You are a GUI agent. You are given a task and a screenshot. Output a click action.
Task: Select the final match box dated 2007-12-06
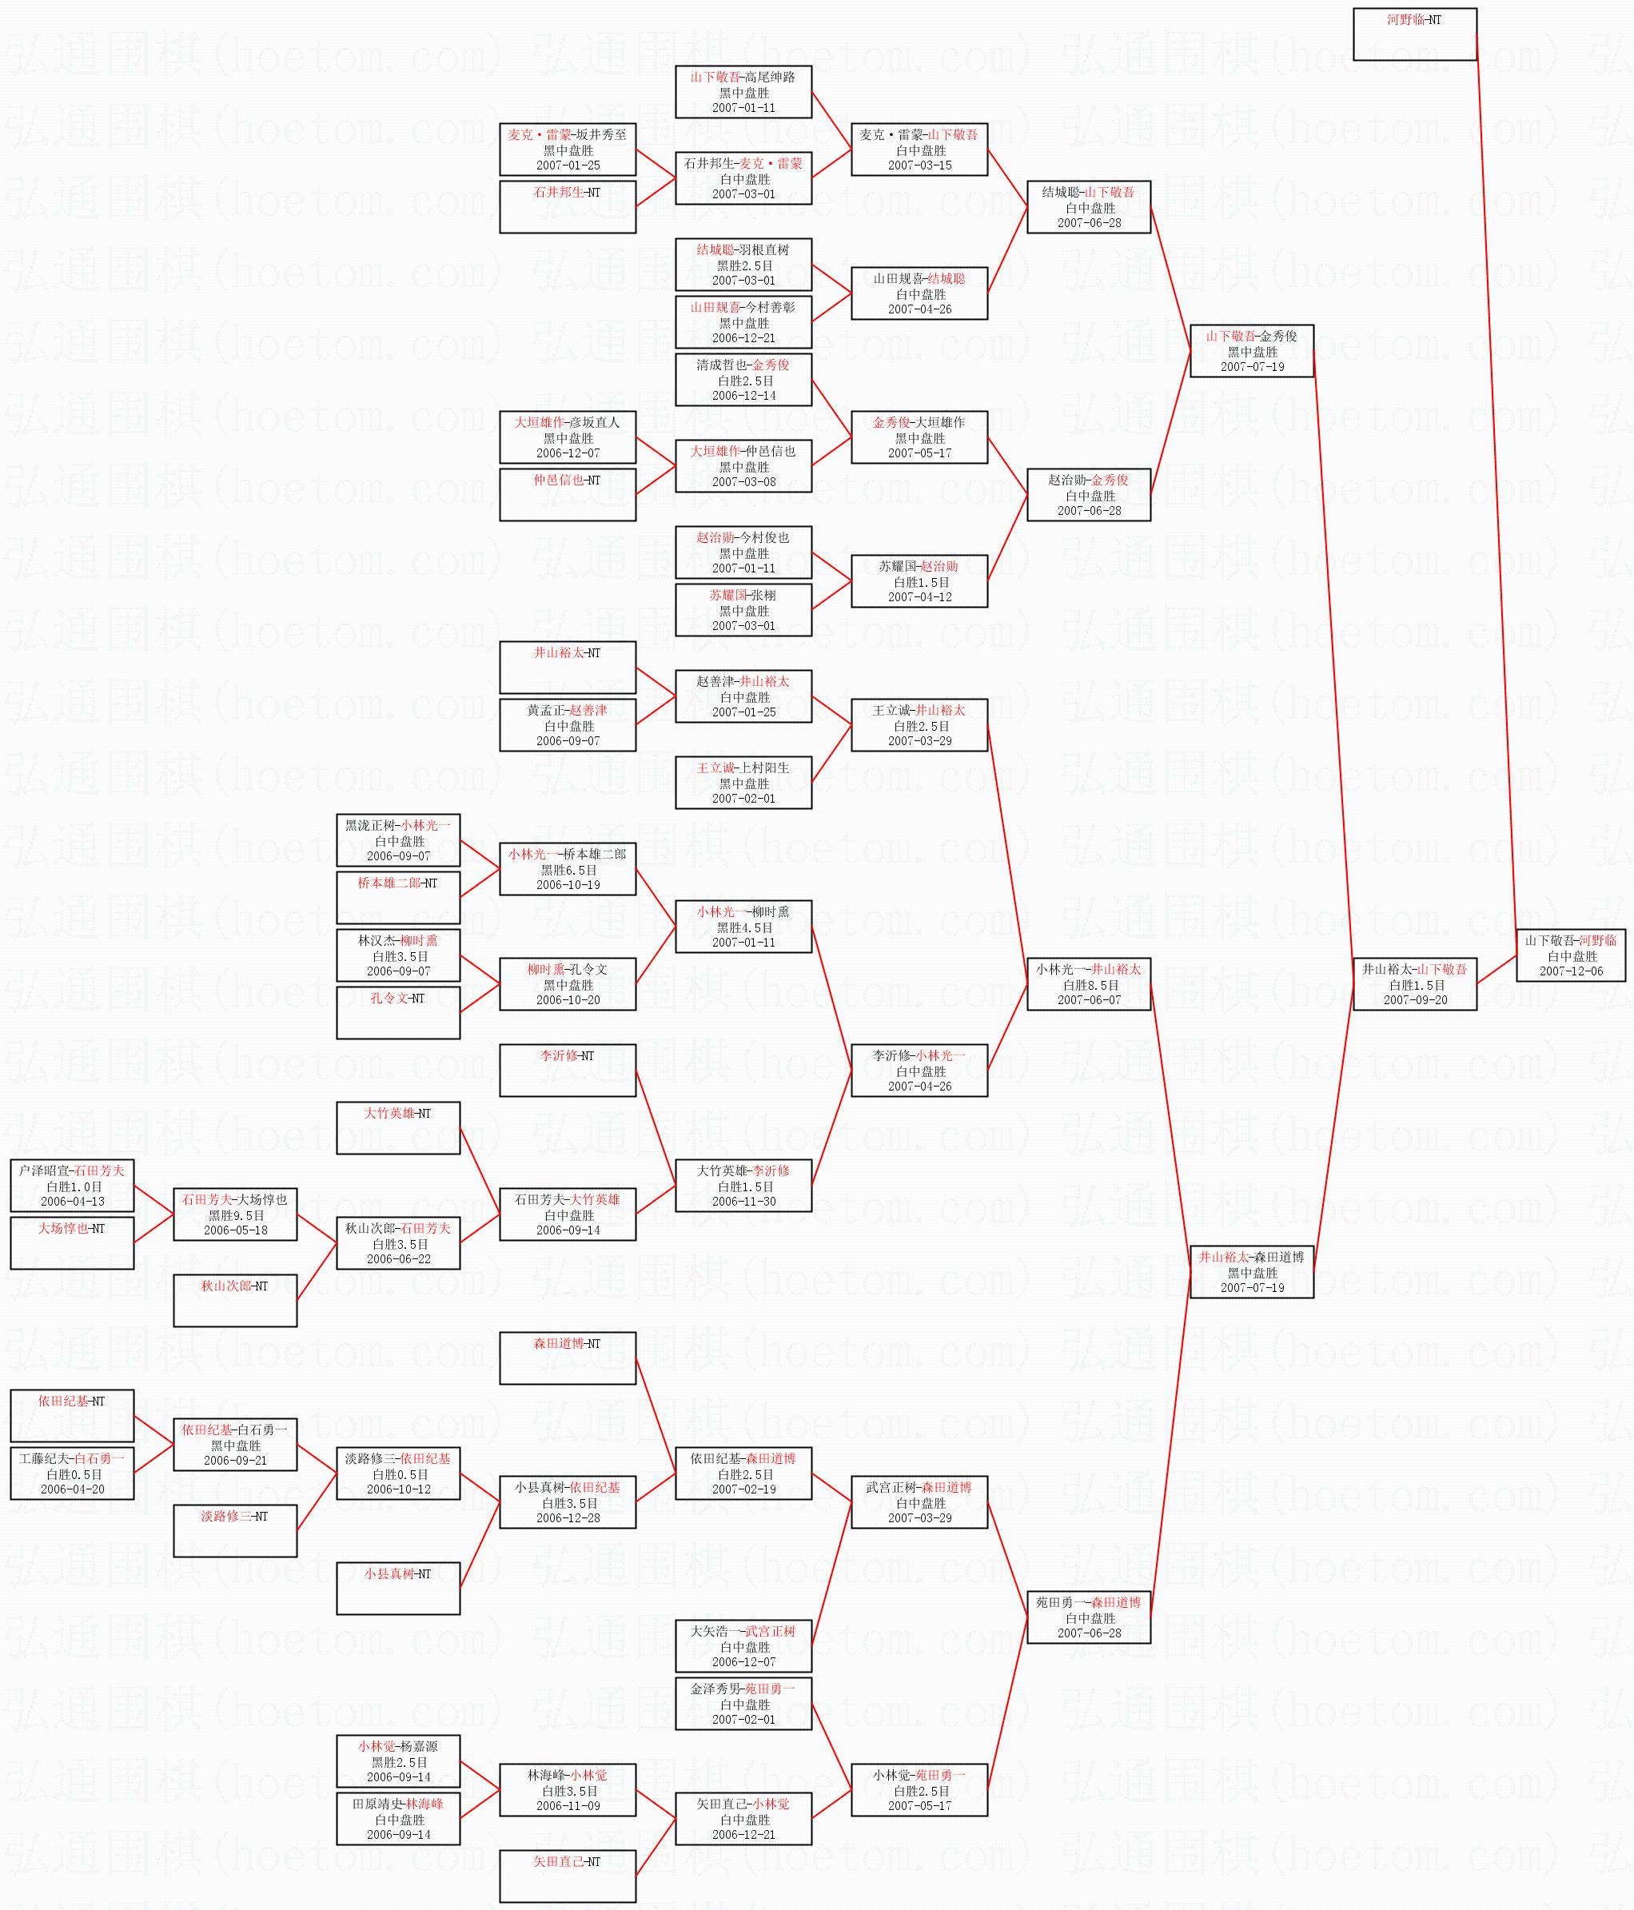coord(1570,955)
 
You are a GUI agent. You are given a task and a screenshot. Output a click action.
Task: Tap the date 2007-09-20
coord(1415,999)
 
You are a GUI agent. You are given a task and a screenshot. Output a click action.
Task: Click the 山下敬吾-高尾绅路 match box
coord(743,92)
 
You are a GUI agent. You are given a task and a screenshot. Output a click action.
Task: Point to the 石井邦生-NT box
coord(568,206)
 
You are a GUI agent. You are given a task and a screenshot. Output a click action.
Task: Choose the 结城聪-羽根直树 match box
coord(743,265)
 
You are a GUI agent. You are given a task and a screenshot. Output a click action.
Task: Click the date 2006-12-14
coord(743,396)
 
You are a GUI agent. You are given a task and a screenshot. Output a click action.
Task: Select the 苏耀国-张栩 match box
coord(743,610)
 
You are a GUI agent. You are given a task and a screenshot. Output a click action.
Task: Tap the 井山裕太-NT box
coord(568,667)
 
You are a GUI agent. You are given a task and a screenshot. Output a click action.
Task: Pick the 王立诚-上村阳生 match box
coord(743,783)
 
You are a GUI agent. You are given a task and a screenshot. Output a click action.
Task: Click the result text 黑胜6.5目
coord(568,869)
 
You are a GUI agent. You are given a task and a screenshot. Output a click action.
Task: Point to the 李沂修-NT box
coord(568,1071)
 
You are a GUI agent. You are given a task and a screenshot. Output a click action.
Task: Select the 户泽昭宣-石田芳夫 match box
coord(72,1186)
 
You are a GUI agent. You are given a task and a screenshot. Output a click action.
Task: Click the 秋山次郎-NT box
coord(235,1300)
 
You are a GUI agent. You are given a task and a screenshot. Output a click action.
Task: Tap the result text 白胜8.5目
coord(1090,984)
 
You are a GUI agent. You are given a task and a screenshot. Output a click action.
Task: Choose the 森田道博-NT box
coord(568,1358)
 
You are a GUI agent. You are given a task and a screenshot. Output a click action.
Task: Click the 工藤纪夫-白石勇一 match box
coord(72,1473)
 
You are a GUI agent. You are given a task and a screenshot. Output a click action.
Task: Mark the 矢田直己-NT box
coord(568,1876)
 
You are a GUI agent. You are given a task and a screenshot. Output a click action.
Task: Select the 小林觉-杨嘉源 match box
coord(398,1761)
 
